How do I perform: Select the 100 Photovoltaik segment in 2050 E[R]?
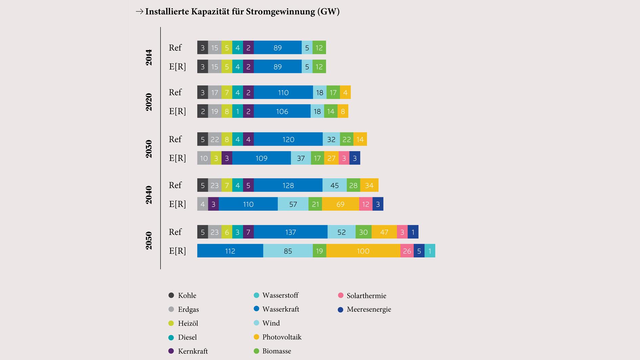[363, 251]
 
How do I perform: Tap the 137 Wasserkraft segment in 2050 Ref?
[291, 232]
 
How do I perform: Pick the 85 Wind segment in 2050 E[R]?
[288, 251]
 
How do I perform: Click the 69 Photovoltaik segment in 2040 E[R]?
[340, 204]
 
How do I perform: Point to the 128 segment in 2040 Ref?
[288, 185]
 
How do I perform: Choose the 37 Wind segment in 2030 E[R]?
[301, 158]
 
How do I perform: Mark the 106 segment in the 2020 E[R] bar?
[282, 111]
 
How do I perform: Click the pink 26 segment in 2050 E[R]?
[407, 251]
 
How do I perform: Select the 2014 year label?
[149, 57]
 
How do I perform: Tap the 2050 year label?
[149, 241]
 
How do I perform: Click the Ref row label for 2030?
[175, 139]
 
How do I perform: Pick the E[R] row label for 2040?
[177, 204]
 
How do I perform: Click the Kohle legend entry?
[187, 296]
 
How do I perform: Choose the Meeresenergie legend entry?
[368, 310]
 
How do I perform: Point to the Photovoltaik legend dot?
[256, 337]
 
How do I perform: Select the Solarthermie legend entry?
[366, 296]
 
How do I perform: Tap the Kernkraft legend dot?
[171, 351]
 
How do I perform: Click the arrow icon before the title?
[139, 12]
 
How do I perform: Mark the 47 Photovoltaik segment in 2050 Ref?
[384, 232]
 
